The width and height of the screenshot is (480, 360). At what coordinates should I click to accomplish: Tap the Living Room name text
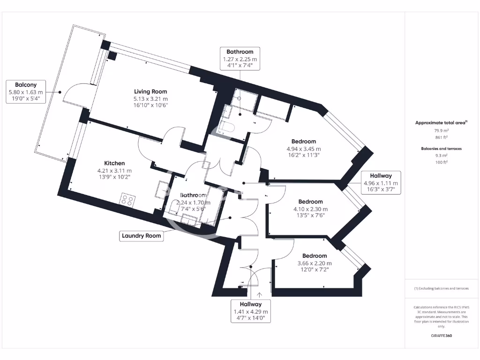(150, 91)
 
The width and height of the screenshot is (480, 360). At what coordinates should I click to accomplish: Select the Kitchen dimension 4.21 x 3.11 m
(114, 171)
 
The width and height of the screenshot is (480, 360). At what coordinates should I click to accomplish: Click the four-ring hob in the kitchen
(127, 200)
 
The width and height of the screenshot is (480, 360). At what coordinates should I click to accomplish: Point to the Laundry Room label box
(142, 236)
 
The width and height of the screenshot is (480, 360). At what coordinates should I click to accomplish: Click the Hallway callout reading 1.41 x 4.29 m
(250, 311)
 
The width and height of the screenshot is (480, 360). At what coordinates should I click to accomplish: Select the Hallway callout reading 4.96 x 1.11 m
(381, 183)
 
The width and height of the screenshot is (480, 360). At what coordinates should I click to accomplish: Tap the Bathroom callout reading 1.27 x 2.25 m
(240, 60)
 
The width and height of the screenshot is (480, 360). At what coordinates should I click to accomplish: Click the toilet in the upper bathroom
(229, 127)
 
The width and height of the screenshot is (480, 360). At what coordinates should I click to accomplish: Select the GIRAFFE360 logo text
(441, 336)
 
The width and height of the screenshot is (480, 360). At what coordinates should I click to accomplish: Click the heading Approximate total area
(441, 123)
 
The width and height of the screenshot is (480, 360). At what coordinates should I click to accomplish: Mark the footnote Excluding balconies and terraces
(441, 288)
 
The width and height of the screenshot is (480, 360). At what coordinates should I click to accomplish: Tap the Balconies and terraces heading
(441, 149)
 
